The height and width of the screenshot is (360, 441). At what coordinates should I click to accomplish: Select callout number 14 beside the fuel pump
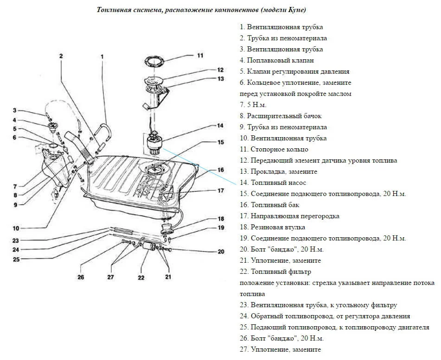pos(220,126)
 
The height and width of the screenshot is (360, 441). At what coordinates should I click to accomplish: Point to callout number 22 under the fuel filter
pos(141,278)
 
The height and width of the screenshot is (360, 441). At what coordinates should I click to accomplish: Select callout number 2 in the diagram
pos(61,56)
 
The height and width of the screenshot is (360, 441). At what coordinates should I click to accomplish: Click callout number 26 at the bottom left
pos(80,278)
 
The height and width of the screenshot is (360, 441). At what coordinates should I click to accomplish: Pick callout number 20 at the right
pos(221,252)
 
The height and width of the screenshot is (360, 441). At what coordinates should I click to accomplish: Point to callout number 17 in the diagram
pos(221,190)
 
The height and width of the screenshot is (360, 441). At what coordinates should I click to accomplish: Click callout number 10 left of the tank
pos(16,228)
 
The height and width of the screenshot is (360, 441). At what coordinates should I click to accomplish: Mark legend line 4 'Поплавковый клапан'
pos(277,60)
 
